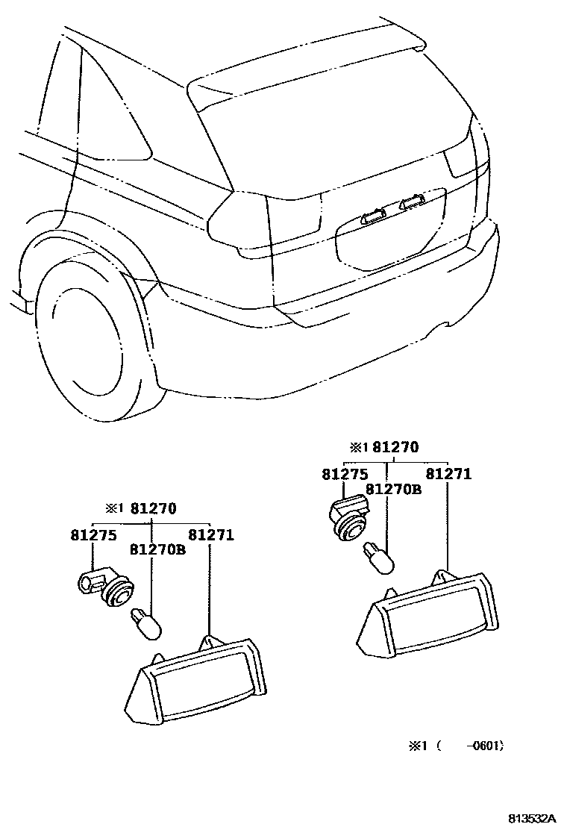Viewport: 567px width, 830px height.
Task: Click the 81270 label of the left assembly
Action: tap(153, 510)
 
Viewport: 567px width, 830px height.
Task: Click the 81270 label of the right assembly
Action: tap(395, 447)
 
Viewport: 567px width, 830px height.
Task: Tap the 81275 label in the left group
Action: tap(94, 535)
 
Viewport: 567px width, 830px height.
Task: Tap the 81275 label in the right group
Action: tap(345, 474)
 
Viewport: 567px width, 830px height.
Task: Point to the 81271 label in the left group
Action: tap(211, 535)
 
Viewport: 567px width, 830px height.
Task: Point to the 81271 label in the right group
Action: tap(448, 474)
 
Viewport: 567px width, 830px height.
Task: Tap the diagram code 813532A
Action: tap(533, 818)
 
